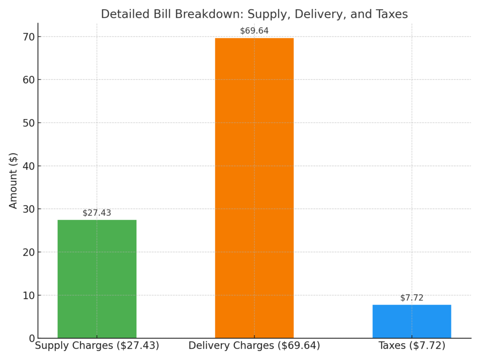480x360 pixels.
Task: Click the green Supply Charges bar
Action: [97, 279]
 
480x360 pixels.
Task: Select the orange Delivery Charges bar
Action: [254, 187]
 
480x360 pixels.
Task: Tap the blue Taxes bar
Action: [412, 322]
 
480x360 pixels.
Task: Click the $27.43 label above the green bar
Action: [97, 213]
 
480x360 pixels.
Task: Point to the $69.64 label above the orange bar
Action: [254, 31]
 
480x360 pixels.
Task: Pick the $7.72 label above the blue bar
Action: [412, 298]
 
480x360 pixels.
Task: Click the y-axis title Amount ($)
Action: [13, 180]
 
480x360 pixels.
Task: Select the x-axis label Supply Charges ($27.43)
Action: [97, 346]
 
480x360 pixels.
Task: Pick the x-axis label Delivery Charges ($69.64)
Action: [254, 346]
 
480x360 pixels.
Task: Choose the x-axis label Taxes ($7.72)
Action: [412, 346]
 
